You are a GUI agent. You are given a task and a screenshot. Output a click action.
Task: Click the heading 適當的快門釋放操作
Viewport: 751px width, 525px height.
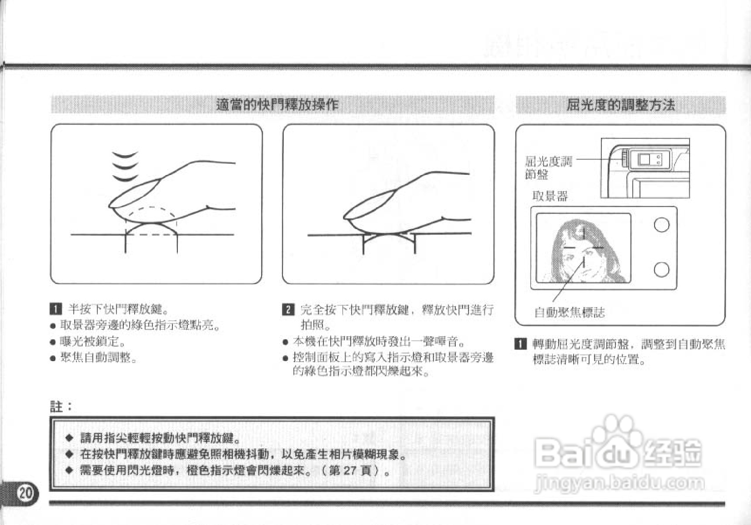coord(277,105)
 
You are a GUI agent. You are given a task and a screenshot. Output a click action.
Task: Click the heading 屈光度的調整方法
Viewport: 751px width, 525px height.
coord(620,105)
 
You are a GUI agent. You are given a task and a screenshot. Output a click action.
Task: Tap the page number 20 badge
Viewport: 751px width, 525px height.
coord(25,493)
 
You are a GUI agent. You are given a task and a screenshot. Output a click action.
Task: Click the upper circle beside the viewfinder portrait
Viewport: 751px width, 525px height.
coord(661,225)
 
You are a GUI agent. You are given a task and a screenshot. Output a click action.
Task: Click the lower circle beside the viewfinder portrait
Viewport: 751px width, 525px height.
coord(661,269)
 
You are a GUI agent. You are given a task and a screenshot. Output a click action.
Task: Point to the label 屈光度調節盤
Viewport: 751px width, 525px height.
coord(548,167)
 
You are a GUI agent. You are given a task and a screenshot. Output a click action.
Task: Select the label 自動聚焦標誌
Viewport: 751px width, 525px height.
coord(569,313)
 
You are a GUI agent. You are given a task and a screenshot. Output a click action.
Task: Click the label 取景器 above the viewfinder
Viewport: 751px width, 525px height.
coord(550,196)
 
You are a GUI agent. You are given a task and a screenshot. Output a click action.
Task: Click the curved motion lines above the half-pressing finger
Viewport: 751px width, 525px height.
coord(125,167)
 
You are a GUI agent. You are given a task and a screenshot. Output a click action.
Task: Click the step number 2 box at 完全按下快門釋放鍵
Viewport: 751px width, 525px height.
coord(288,310)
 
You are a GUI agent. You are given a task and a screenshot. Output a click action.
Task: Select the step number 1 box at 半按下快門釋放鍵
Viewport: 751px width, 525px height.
coord(55,309)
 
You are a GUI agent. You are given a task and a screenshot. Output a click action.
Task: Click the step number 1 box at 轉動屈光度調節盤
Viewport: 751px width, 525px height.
coord(520,344)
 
